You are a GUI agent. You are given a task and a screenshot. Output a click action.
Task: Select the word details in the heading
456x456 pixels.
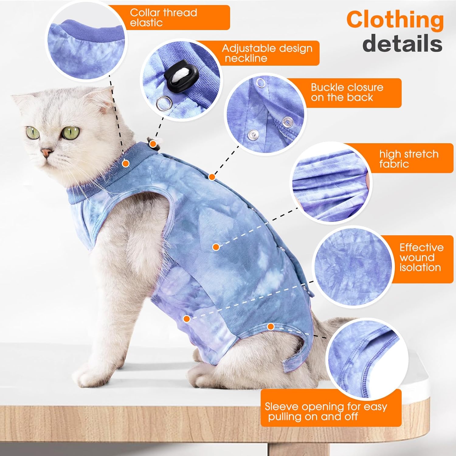pyautogui.click(x=402, y=43)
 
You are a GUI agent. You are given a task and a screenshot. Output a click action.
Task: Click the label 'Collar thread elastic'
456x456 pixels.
pyautogui.click(x=163, y=17)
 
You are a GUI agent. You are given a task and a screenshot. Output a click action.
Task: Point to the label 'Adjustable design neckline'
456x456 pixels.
pyautogui.click(x=267, y=53)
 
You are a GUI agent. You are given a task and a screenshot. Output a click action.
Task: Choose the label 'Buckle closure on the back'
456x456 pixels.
pyautogui.click(x=347, y=92)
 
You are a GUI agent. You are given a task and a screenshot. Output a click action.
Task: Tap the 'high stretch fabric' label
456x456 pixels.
pyautogui.click(x=409, y=159)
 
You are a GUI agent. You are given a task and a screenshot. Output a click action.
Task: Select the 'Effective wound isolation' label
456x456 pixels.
pyautogui.click(x=421, y=257)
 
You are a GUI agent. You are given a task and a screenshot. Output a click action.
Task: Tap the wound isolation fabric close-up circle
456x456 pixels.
pyautogui.click(x=353, y=268)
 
